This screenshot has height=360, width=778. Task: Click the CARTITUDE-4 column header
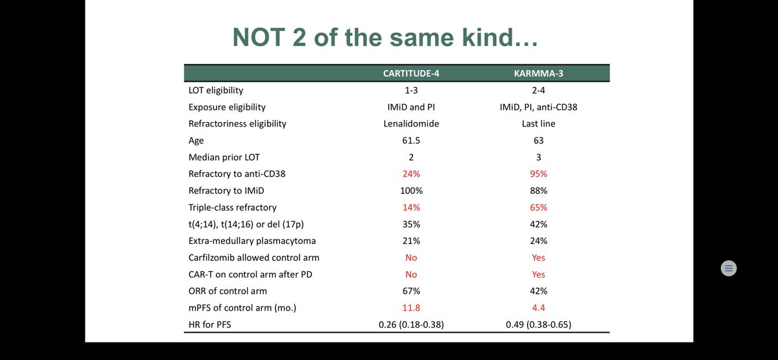pyautogui.click(x=411, y=73)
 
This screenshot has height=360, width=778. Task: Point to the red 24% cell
pyautogui.click(x=411, y=174)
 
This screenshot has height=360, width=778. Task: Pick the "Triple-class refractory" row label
pyautogui.click(x=232, y=208)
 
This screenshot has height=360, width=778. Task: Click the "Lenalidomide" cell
pyautogui.click(x=411, y=123)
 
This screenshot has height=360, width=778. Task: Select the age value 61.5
pyautogui.click(x=411, y=140)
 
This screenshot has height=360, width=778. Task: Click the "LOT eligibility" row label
pyautogui.click(x=216, y=90)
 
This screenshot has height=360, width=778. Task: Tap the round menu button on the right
pyautogui.click(x=729, y=268)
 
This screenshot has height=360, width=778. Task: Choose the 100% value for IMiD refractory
pyautogui.click(x=411, y=191)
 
